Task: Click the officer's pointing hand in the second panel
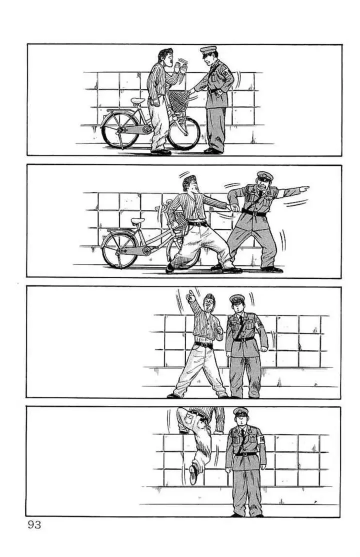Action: tap(302, 189)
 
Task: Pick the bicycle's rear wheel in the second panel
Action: tap(119, 250)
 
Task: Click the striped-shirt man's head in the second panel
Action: tap(188, 184)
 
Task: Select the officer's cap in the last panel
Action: tap(241, 411)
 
